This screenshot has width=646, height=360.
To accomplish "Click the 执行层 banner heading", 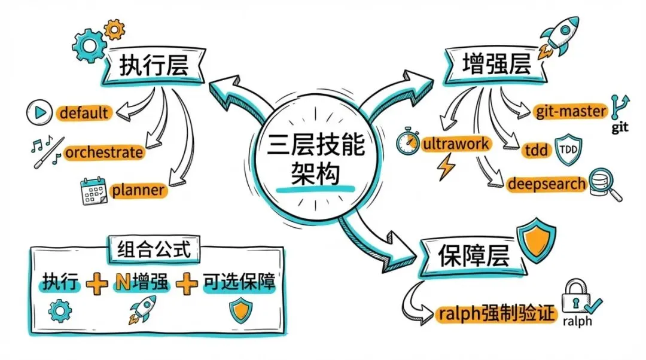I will (x=154, y=66).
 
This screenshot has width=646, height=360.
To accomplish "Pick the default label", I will (x=84, y=112).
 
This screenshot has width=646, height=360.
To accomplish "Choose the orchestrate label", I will (x=104, y=152).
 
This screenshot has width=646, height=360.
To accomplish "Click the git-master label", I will (x=571, y=111).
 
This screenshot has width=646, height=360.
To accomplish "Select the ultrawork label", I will (x=456, y=144).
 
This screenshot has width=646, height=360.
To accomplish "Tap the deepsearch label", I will (x=546, y=184).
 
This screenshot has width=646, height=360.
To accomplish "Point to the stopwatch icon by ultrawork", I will (x=409, y=143).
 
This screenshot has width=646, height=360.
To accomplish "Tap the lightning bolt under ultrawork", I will (x=446, y=168).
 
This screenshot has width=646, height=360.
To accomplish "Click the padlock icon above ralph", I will (x=574, y=294).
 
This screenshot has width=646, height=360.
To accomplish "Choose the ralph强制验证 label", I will (x=496, y=313).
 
